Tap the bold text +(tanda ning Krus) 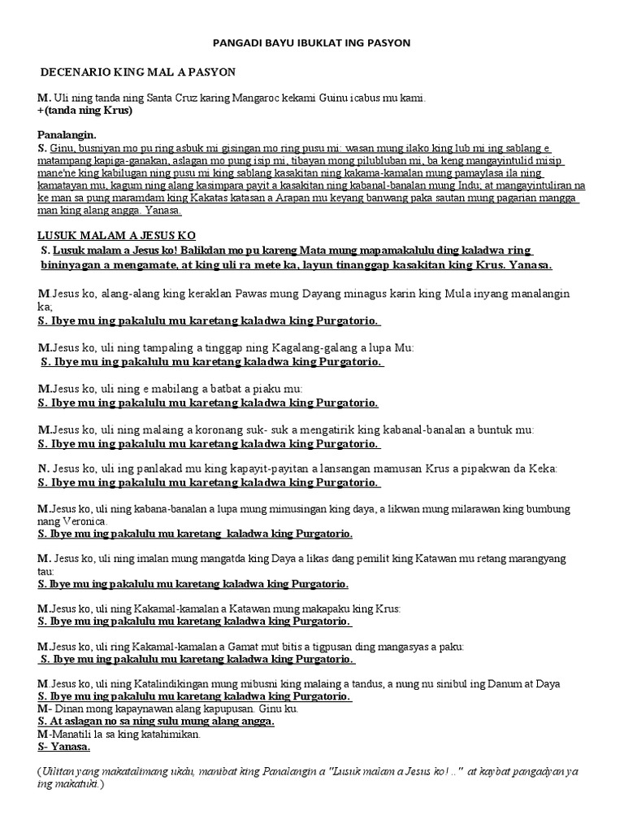pyautogui.click(x=84, y=111)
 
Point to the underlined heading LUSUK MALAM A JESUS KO pyautogui.click(x=117, y=235)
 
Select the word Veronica pyautogui.click(x=81, y=521)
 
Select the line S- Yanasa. pyautogui.click(x=64, y=747)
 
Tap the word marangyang pyautogui.click(x=534, y=559)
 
